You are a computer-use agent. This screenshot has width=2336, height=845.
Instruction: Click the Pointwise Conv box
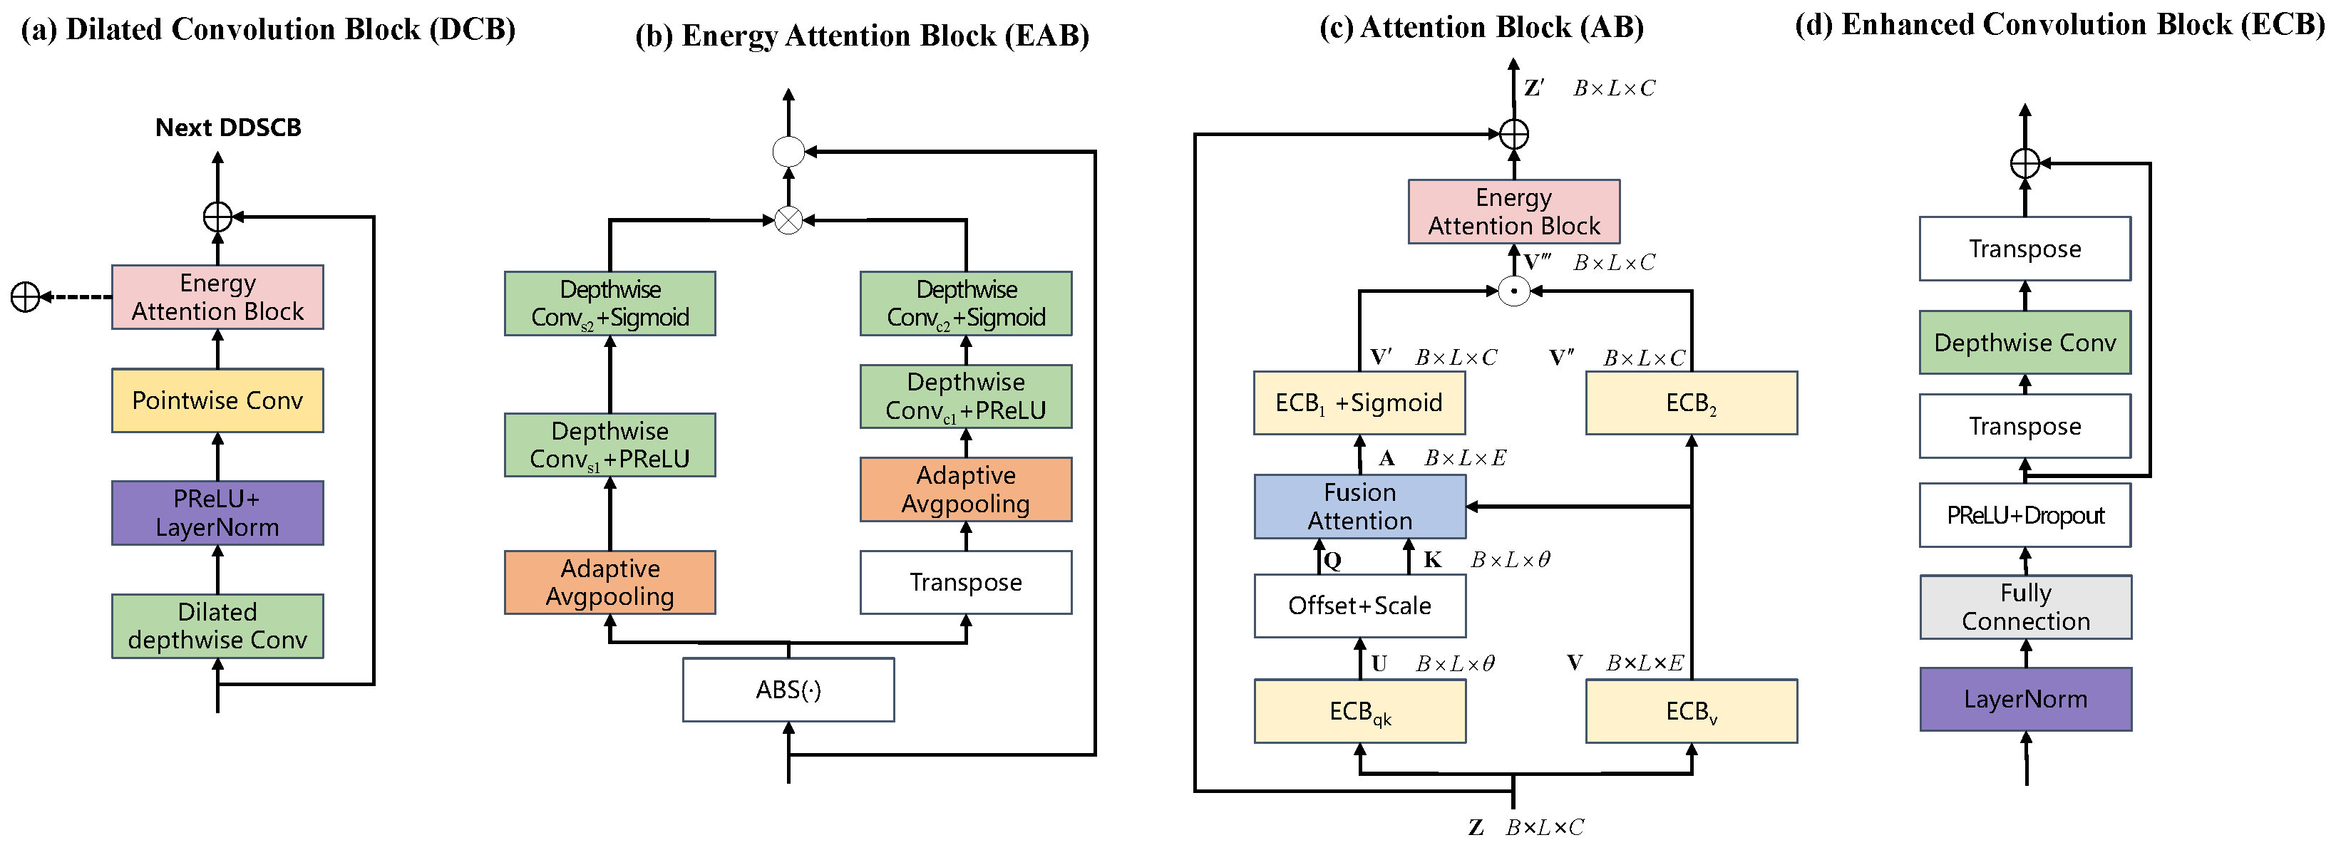pos(217,400)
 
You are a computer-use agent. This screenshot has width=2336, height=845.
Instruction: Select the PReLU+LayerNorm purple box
pos(217,512)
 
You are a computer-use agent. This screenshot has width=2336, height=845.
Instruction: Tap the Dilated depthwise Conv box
pos(217,626)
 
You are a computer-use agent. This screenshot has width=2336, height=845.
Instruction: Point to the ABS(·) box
pos(788,689)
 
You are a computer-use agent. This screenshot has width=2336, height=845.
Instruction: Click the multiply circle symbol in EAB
pos(788,220)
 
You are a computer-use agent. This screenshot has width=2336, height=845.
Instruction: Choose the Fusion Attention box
pos(1359,506)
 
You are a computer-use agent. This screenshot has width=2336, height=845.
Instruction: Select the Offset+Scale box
pos(1359,605)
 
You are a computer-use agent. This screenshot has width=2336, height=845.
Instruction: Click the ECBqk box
pos(1359,711)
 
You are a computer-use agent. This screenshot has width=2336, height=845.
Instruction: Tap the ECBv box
pos(1692,711)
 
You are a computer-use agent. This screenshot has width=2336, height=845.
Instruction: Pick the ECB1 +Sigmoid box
pos(1359,403)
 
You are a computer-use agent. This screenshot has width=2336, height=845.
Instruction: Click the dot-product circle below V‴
pos(1513,291)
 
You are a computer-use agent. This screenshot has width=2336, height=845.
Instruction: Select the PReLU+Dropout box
pos(2025,515)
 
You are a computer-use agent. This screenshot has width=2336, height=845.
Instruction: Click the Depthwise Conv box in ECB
pos(2025,342)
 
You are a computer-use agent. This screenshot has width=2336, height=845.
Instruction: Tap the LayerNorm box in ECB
pos(2025,699)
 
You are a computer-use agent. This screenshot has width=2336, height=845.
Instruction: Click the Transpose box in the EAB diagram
pos(966,582)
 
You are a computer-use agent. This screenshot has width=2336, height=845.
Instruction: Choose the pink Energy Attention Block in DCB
pos(217,296)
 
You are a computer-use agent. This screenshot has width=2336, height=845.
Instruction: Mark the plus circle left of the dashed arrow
pos(26,296)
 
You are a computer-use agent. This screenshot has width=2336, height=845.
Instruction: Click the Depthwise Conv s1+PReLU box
pos(609,445)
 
